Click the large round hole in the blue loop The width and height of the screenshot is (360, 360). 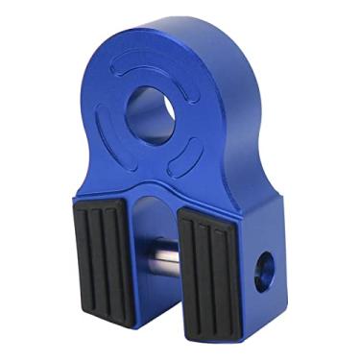[149, 113]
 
